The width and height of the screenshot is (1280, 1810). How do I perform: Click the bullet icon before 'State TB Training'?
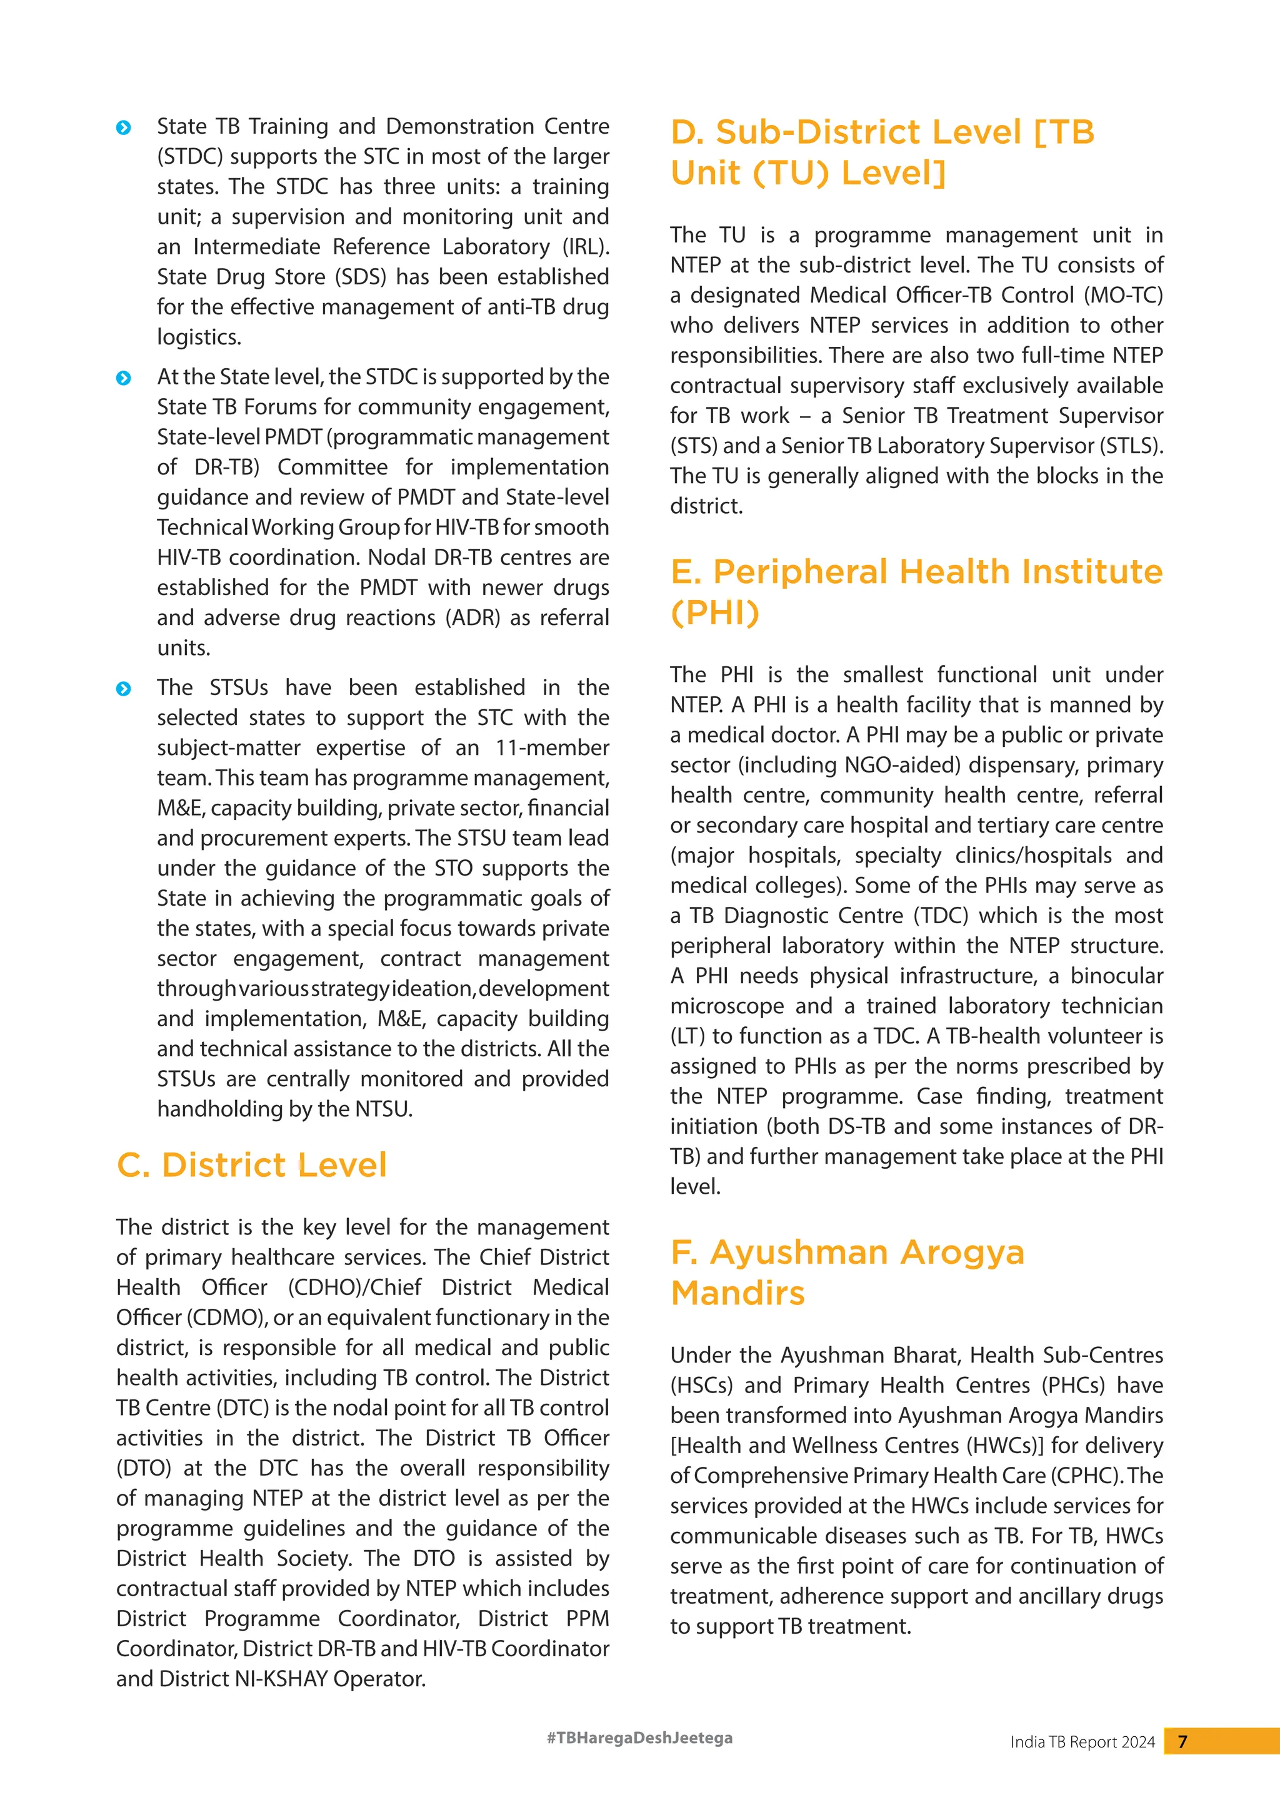[124, 127]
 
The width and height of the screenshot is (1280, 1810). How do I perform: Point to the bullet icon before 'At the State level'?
[124, 377]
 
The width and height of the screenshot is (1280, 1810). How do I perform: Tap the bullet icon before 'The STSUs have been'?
[124, 688]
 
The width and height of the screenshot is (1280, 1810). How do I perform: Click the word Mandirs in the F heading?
[737, 1293]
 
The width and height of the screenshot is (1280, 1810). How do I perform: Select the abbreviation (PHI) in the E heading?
[715, 612]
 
